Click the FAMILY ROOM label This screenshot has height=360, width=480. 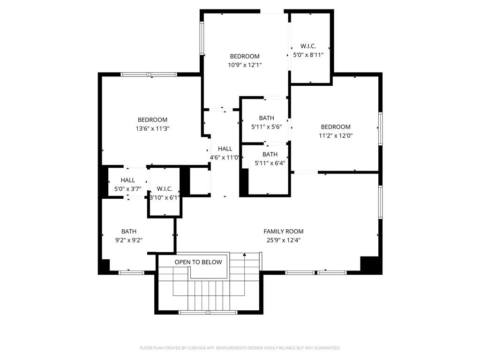tap(284, 232)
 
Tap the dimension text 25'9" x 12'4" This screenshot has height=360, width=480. tap(284, 240)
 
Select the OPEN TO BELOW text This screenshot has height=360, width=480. tap(198, 262)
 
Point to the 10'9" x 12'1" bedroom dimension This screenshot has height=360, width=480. tap(245, 65)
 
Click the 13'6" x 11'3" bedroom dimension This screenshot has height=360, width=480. tap(152, 128)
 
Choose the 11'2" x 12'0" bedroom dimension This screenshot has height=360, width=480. tap(336, 135)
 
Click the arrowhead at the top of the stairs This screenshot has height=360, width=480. tap(244, 255)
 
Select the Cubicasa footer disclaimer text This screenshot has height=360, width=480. tap(240, 348)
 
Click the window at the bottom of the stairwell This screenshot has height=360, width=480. tap(208, 312)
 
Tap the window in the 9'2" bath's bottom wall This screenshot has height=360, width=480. tap(131, 272)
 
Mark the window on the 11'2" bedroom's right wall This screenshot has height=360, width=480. tap(381, 128)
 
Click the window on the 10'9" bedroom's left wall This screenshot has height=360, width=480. tap(202, 38)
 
